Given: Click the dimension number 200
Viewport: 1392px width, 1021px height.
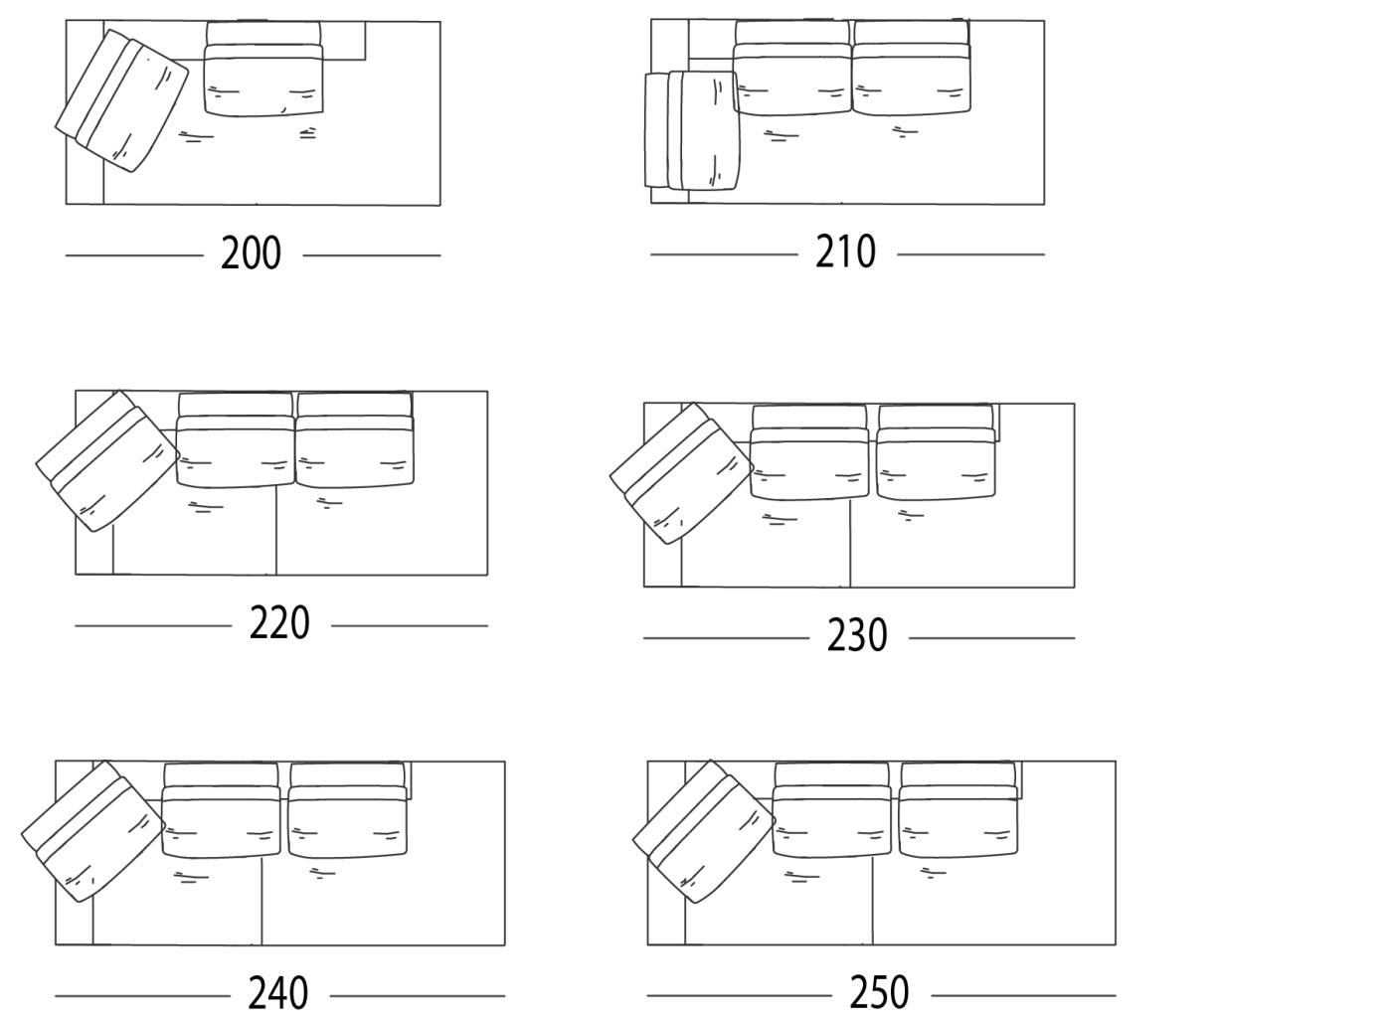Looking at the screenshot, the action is pos(251,253).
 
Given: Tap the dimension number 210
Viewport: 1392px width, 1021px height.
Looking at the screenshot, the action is pos(846,252).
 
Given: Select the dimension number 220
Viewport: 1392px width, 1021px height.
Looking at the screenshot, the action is pos(279,622).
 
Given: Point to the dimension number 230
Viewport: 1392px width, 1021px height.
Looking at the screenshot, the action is pos(857,635).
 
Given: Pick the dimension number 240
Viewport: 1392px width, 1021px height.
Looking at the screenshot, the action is pos(278,993).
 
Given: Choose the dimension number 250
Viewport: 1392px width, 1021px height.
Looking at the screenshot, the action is pos(879,992).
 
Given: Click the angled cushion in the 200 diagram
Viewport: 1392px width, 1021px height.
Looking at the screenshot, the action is pos(121,100).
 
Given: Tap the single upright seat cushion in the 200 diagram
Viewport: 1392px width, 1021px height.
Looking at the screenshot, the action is pos(263,69).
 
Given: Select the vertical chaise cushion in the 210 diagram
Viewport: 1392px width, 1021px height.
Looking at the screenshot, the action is pos(692,130).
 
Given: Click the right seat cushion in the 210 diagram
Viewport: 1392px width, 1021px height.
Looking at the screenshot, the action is pos(912,68).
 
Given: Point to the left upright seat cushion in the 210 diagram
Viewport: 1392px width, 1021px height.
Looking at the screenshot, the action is pos(792,68).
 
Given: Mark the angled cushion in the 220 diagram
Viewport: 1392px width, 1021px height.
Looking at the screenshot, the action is pos(108,461).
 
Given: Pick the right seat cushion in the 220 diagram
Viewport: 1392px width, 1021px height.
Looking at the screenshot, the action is pos(354,440).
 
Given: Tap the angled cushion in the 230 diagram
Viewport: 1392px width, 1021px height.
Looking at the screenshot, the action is pos(682,473).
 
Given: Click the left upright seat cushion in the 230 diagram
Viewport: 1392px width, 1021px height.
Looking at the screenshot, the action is pos(809,452).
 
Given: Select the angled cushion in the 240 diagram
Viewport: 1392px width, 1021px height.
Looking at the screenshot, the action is pos(93,831).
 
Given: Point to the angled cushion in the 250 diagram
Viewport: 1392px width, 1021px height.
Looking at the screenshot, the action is pos(704,831).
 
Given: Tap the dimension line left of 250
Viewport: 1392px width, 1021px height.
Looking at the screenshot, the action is pos(740,995).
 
